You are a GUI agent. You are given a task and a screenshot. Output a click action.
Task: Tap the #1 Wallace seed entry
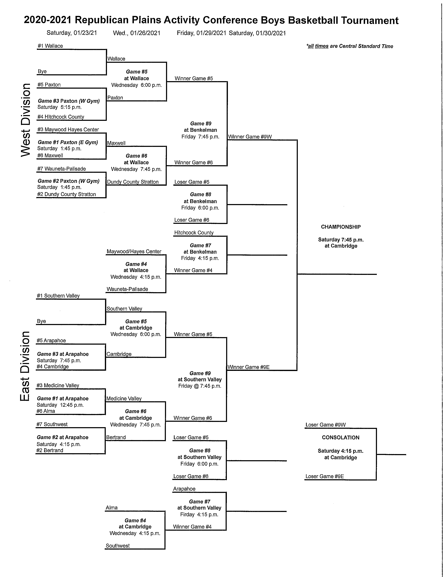click(x=50, y=46)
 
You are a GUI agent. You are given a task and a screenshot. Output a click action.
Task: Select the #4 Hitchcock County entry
click(x=61, y=117)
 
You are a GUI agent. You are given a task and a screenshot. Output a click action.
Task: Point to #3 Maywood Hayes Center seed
click(x=68, y=129)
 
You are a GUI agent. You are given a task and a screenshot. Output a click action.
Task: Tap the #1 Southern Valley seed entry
click(x=58, y=296)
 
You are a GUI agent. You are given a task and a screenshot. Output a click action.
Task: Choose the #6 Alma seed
click(x=46, y=411)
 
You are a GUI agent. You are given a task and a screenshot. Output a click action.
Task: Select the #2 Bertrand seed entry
click(x=50, y=450)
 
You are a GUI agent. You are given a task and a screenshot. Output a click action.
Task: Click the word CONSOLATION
click(x=340, y=437)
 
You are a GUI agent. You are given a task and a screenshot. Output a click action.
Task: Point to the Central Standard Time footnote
click(x=350, y=46)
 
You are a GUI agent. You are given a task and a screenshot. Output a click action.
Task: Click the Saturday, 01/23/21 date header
click(x=72, y=33)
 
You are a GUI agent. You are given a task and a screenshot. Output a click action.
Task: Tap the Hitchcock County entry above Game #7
click(x=194, y=233)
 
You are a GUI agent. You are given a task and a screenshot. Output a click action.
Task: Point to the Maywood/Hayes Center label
click(x=134, y=251)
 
